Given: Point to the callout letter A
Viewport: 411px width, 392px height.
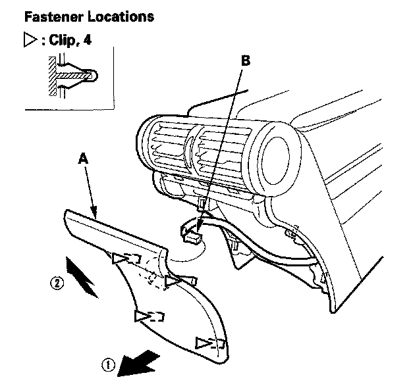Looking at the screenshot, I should (x=82, y=159).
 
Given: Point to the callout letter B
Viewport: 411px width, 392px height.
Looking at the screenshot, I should (x=246, y=60).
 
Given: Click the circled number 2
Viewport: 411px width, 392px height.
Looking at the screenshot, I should (x=58, y=284).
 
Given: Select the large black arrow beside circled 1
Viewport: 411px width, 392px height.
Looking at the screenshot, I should (x=138, y=364).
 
